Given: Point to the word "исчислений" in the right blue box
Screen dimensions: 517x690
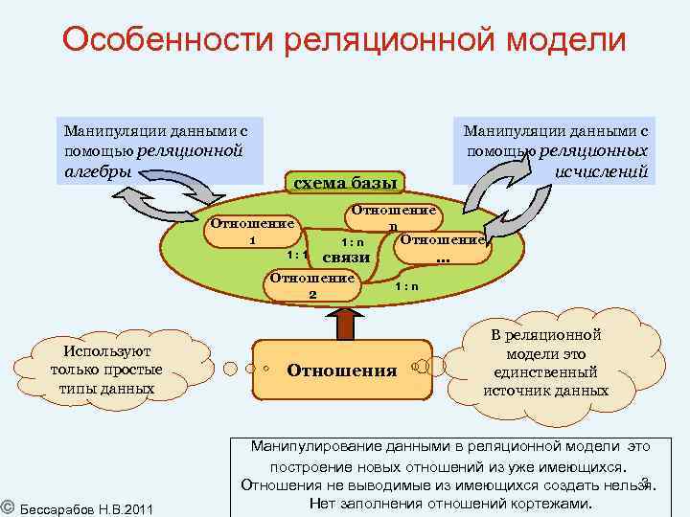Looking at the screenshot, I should [x=602, y=171].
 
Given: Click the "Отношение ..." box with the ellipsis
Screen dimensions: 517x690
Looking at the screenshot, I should [x=442, y=248].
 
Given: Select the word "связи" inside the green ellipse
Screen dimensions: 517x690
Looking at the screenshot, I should [x=347, y=258].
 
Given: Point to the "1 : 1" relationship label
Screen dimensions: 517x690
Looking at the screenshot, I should [x=296, y=256].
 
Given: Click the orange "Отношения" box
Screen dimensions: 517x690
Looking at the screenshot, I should [x=341, y=370].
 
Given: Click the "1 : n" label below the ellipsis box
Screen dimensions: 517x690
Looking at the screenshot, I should [x=407, y=286].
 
